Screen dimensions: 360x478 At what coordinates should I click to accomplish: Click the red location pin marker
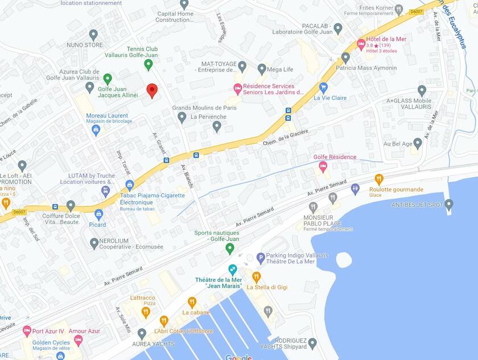click(151, 90)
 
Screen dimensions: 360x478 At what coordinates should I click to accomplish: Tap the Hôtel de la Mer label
click(386, 39)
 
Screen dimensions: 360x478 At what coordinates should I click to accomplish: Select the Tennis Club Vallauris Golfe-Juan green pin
click(149, 64)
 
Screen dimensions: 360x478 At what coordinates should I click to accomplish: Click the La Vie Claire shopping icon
click(323, 88)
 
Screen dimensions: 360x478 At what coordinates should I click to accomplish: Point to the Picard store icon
click(98, 214)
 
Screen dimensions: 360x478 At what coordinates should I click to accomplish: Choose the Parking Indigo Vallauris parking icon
click(261, 258)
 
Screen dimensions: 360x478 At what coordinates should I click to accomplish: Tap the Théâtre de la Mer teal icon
click(232, 270)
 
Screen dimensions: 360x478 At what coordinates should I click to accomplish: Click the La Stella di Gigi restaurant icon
click(256, 277)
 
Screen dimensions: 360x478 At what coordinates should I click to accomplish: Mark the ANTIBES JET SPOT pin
click(448, 204)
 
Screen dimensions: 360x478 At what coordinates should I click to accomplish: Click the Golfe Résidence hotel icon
click(323, 167)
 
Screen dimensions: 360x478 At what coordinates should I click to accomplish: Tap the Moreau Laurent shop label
click(107, 115)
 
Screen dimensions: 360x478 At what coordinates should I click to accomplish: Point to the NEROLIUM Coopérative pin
click(94, 243)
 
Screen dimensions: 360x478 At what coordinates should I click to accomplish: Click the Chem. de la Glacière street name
click(286, 137)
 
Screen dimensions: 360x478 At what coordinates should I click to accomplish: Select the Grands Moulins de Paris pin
click(182, 117)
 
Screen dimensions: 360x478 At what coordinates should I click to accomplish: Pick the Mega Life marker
click(262, 69)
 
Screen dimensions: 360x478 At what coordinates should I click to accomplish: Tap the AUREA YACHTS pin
click(142, 333)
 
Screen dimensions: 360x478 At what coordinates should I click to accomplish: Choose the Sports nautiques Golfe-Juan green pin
click(230, 248)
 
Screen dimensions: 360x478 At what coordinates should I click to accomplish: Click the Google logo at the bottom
click(238, 357)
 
